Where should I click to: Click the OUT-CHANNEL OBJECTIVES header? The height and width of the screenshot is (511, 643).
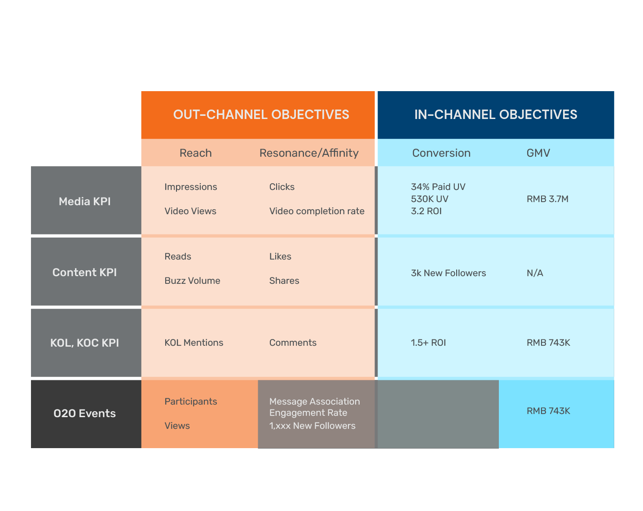tap(261, 115)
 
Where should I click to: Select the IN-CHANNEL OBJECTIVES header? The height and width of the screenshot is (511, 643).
tap(495, 115)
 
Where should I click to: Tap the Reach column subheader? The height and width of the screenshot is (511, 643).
tap(195, 153)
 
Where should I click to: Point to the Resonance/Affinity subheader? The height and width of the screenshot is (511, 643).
tap(308, 153)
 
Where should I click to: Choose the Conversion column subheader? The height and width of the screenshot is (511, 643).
tap(441, 153)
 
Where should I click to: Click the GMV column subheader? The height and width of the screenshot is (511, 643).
tap(538, 153)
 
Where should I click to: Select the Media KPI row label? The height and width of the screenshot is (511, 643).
tap(84, 202)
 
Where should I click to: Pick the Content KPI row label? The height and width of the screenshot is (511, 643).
tap(84, 272)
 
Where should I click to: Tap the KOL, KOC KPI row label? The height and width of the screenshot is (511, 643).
tap(84, 343)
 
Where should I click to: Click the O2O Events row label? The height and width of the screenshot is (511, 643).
tap(84, 413)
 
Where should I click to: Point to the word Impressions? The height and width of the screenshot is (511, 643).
tap(191, 187)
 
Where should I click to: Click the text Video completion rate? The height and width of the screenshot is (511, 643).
tap(317, 211)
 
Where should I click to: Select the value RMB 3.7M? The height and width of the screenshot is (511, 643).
tap(547, 199)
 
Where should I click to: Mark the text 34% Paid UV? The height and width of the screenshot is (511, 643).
tap(438, 187)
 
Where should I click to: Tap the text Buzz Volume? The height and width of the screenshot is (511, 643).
tap(192, 281)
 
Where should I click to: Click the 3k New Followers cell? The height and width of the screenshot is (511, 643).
tap(448, 273)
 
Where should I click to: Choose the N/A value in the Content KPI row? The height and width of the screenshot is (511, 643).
tap(535, 273)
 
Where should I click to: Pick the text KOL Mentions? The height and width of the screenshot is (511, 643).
tap(194, 343)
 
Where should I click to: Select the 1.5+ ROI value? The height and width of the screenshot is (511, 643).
tap(428, 343)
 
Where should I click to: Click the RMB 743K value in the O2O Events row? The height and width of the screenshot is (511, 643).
tap(548, 411)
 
